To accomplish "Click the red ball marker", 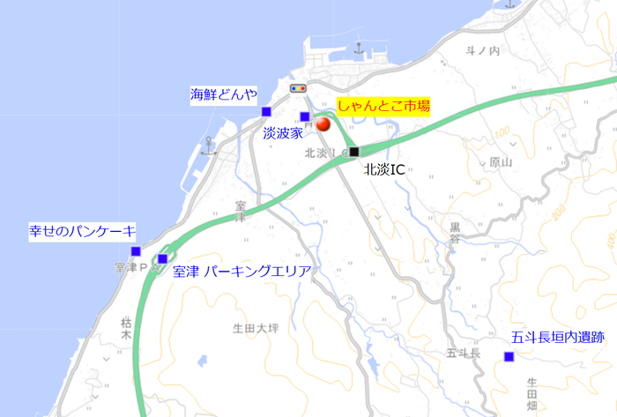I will coord(323,125).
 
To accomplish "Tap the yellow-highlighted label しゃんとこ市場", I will coord(383,105).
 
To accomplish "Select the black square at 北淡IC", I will coord(354,152).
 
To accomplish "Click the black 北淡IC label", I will coord(384,169).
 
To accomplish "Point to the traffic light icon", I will coord(300,89).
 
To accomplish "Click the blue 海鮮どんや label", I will coord(224,93).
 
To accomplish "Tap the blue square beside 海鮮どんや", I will coord(266,111).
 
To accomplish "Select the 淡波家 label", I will coord(283,132).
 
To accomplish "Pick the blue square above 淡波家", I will coord(305,116).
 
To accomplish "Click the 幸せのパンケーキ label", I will coord(83,232).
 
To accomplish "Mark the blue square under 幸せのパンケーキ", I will coord(136,251).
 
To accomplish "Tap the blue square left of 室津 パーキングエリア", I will coord(162,258).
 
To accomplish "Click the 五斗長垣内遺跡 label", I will coord(558,337).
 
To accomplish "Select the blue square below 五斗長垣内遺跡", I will coord(509,356).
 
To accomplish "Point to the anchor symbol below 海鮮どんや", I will coord(208,145).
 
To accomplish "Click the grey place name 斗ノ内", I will coord(483,51).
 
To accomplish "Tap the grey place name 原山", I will coord(500,163).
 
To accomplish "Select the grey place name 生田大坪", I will coord(255,329).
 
